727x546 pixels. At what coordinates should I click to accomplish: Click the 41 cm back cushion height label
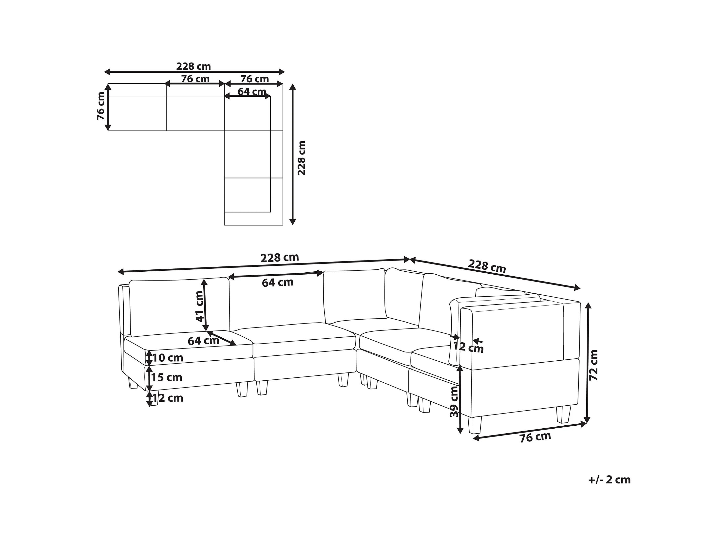(199, 306)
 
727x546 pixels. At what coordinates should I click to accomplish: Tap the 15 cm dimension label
(167, 377)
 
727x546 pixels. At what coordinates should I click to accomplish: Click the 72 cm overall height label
(593, 365)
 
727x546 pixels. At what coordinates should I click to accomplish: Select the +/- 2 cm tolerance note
(609, 480)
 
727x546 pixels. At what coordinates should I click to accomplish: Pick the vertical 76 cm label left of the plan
(101, 106)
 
